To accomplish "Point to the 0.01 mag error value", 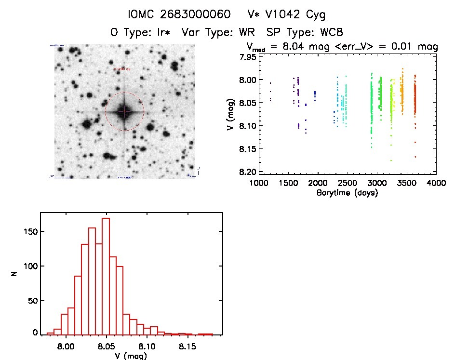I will [x=411, y=47].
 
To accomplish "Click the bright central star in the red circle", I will [x=124, y=112].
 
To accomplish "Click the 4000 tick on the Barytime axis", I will [x=436, y=183].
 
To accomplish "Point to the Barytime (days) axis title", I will [x=347, y=193].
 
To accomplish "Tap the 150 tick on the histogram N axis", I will [x=31, y=232].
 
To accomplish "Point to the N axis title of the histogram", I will [x=15, y=274].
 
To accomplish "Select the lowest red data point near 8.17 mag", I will [x=415, y=157].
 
